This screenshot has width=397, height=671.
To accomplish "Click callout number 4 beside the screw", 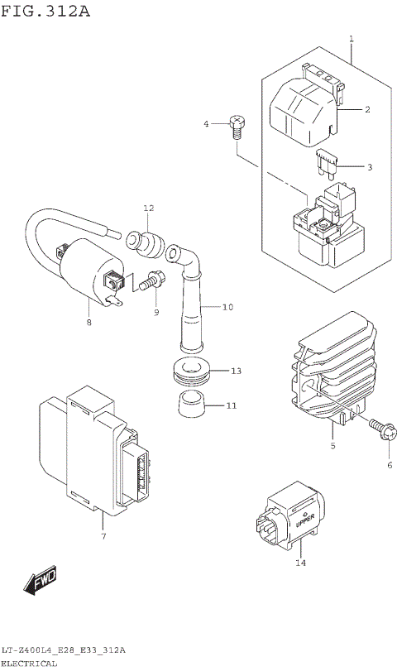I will (208, 124).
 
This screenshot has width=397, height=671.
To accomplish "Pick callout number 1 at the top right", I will (351, 39).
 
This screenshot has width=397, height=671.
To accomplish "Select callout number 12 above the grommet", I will (149, 208).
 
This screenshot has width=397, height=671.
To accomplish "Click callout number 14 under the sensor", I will (300, 564).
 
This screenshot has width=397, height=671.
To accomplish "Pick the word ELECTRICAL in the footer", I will (29, 664).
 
